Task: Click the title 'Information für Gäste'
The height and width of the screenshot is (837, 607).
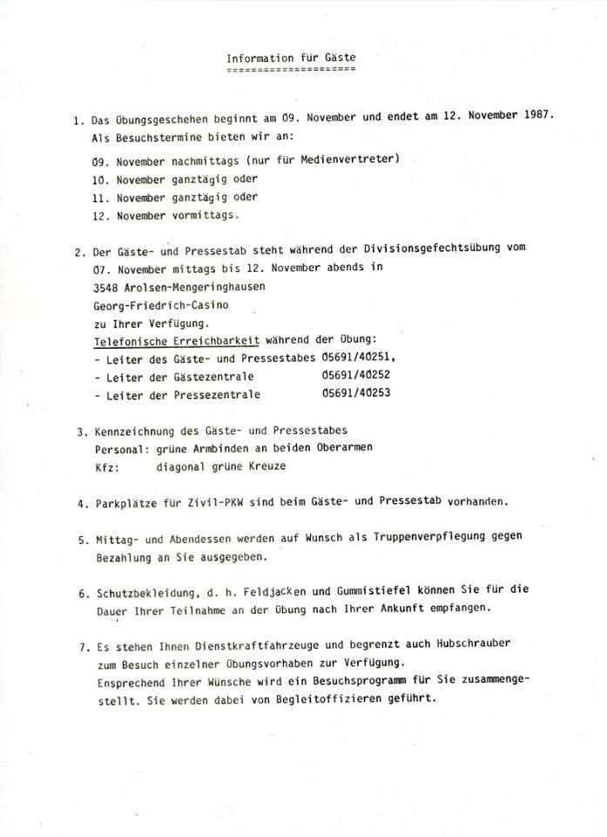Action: click(x=291, y=58)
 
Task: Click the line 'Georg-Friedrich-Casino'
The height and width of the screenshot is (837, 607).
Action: click(x=163, y=305)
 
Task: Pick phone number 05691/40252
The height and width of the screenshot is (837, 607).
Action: click(x=355, y=375)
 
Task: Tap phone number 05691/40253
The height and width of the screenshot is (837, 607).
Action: click(x=355, y=393)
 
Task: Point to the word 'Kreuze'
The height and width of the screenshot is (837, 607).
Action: click(x=267, y=466)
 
